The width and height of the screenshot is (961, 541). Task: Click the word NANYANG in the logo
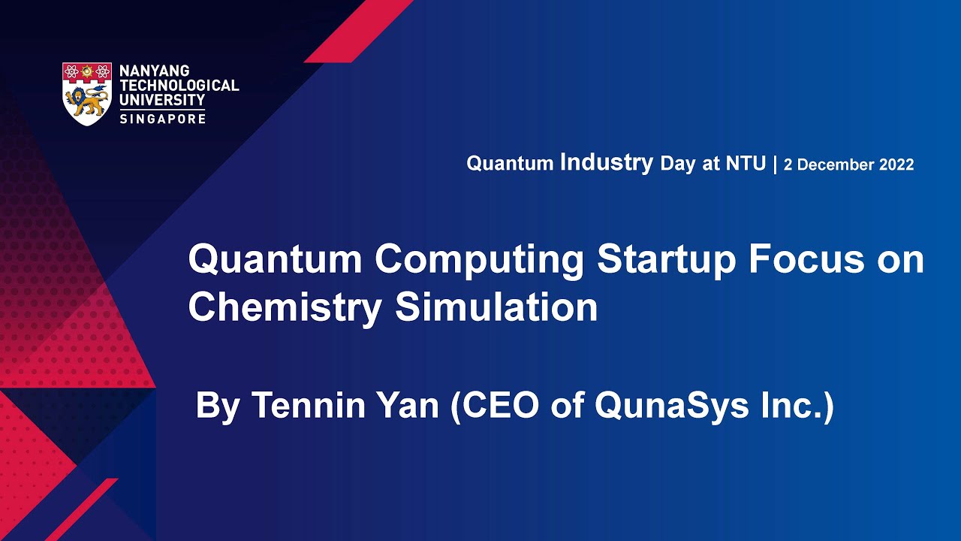154,71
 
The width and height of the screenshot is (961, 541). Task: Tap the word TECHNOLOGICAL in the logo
179,86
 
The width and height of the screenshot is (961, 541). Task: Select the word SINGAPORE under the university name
162,119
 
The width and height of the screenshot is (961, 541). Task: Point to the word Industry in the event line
607,163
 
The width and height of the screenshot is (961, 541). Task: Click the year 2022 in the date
893,165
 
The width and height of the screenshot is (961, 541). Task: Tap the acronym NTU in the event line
746,165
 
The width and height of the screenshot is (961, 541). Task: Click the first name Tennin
307,406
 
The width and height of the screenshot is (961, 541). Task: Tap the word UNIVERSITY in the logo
161,99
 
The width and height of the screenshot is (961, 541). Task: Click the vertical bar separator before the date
775,165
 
